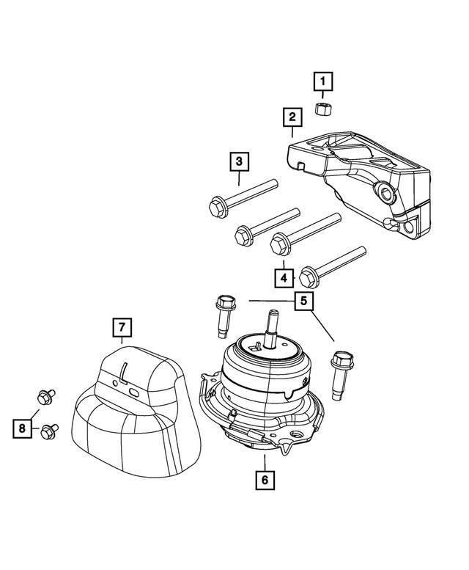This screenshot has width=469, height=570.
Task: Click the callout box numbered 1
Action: pyautogui.click(x=323, y=80)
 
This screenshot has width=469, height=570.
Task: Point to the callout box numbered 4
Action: pyautogui.click(x=284, y=277)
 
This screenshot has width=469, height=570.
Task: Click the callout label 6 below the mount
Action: pyautogui.click(x=264, y=481)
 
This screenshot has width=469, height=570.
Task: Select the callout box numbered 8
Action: pyautogui.click(x=23, y=427)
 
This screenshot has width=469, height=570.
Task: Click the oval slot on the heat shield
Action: pyautogui.click(x=134, y=394)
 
